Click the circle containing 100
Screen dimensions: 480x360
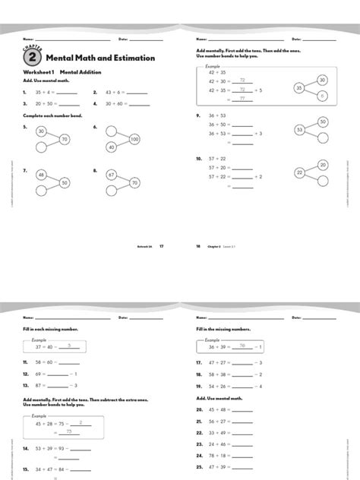pyautogui.click(x=134, y=139)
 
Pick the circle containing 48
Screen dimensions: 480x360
pyautogui.click(x=41, y=175)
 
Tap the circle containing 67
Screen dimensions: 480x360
pyautogui.click(x=111, y=175)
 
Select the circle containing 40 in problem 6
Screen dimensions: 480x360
pyautogui.click(x=111, y=147)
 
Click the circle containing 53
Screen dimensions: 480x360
pyautogui.click(x=300, y=130)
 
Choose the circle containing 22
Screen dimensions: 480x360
pyautogui.click(x=300, y=173)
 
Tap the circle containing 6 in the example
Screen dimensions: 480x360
pyautogui.click(x=322, y=96)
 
